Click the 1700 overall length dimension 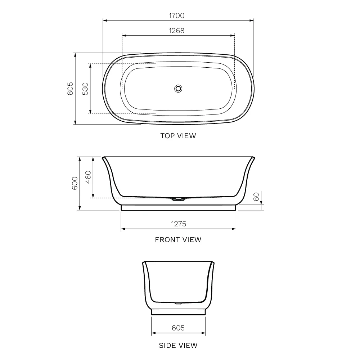(176, 15)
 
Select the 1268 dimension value (176, 31)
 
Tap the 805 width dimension (70, 89)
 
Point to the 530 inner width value (85, 89)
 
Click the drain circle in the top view (178, 89)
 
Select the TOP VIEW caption (178, 136)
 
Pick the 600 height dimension (75, 183)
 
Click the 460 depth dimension (88, 177)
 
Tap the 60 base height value (256, 197)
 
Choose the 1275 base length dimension (179, 224)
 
